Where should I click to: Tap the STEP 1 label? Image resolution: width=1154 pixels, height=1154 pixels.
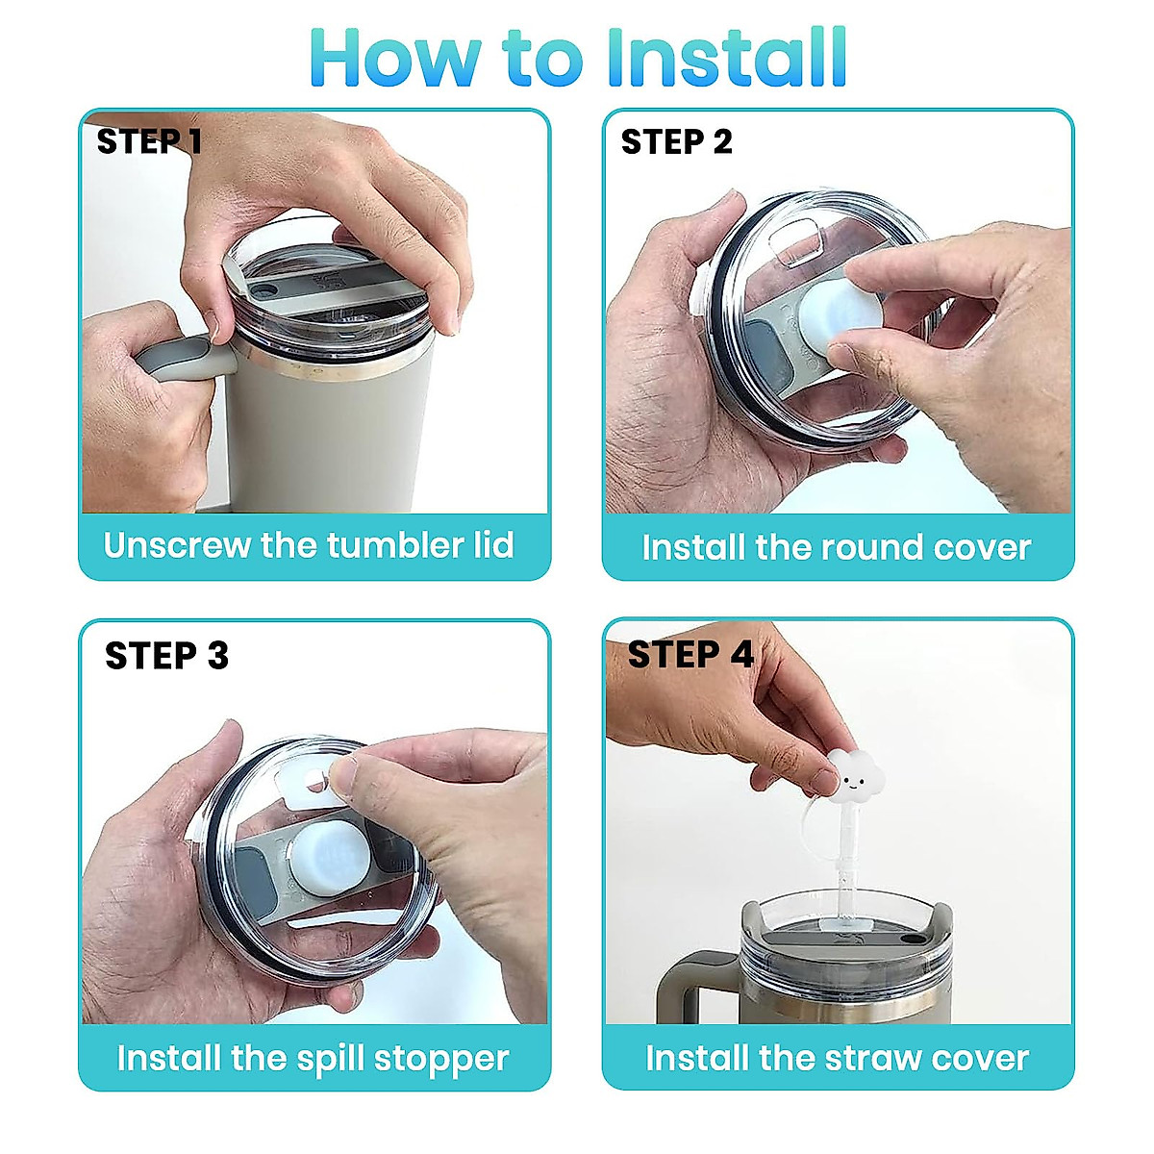149,141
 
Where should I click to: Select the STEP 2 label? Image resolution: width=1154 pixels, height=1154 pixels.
676,142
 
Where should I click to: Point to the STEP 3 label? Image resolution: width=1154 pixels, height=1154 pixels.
166,656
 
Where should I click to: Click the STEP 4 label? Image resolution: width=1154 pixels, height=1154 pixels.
690,655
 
